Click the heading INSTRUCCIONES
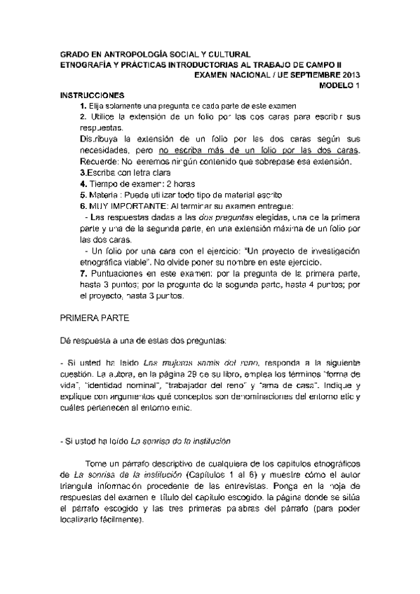pos(92,95)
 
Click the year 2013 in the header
pos(348,74)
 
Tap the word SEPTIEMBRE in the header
pos(304,74)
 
